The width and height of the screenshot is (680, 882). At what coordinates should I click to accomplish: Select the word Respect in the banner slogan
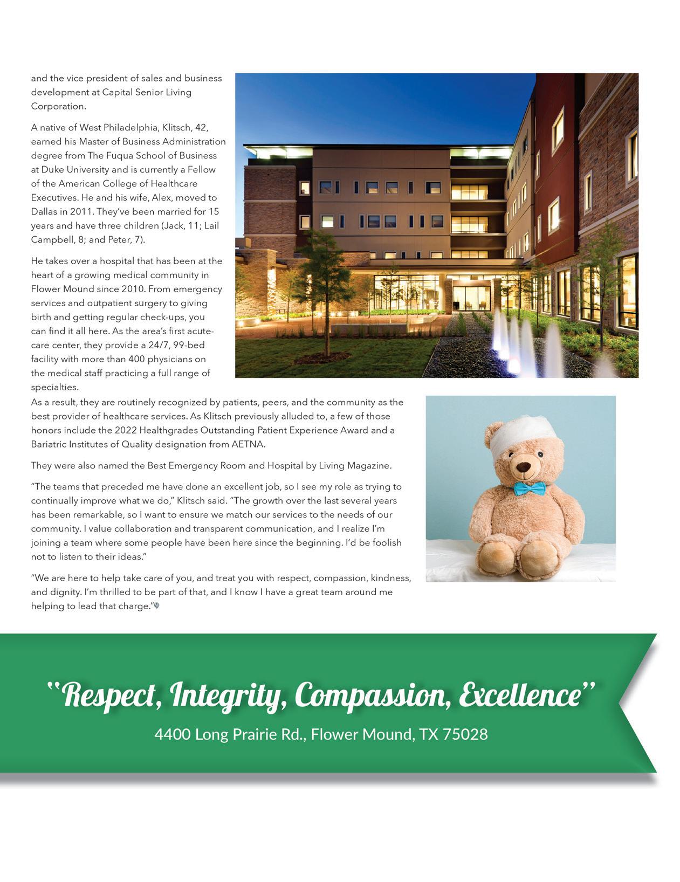(109, 695)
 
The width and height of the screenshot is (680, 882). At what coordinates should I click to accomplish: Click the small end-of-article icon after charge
(157, 606)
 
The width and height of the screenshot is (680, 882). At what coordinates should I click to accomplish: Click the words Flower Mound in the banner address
(362, 734)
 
